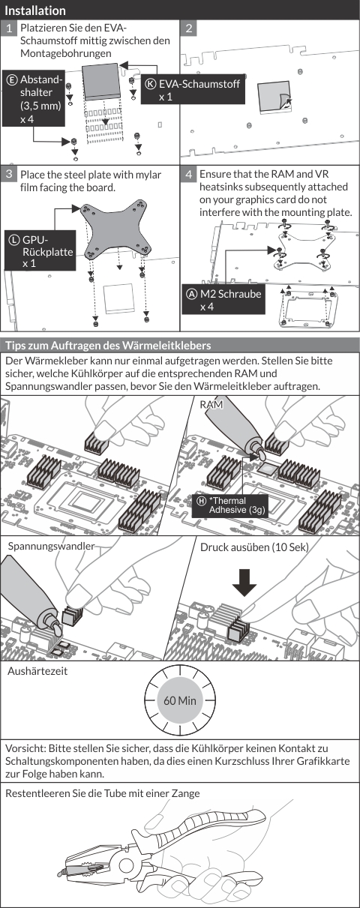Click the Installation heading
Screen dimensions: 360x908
pyautogui.click(x=35, y=10)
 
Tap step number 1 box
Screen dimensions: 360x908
pyautogui.click(x=9, y=28)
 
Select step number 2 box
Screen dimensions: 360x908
pyautogui.click(x=189, y=28)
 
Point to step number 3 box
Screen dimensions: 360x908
pyautogui.click(x=9, y=174)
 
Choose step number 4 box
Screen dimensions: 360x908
pyautogui.click(x=189, y=174)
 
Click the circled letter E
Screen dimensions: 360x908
pyautogui.click(x=12, y=79)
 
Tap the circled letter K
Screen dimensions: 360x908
pyautogui.click(x=151, y=84)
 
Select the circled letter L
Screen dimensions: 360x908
pyautogui.click(x=14, y=240)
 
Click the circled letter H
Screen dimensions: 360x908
pyautogui.click(x=202, y=501)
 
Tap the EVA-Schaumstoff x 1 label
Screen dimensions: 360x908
pyautogui.click(x=193, y=89)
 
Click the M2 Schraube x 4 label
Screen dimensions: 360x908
pyautogui.click(x=223, y=300)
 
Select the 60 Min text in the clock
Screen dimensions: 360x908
pyautogui.click(x=180, y=700)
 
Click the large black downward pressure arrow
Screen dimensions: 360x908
pyautogui.click(x=244, y=582)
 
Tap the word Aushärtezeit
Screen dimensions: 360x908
pyautogui.click(x=37, y=671)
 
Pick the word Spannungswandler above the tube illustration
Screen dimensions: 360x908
pyautogui.click(x=51, y=547)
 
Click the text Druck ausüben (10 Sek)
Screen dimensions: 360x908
pyautogui.click(x=254, y=547)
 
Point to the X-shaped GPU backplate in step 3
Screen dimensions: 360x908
pyautogui.click(x=116, y=231)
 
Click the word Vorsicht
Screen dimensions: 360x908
pyautogui.click(x=25, y=748)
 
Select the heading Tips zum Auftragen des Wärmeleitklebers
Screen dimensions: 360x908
pyautogui.click(x=108, y=346)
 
